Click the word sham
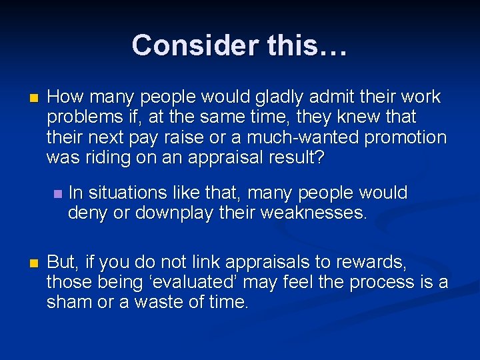coord(69,302)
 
